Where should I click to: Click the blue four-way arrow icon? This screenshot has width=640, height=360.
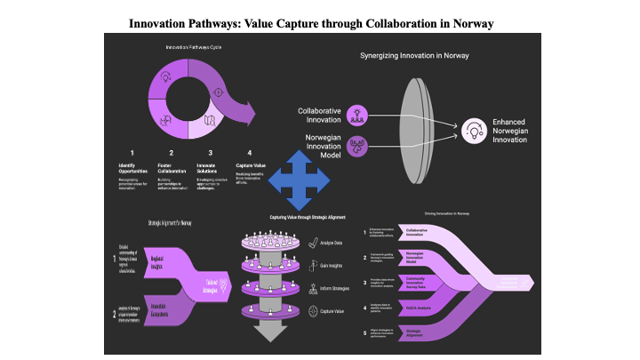tap(299, 179)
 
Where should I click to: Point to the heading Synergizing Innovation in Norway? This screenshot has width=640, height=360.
tap(413, 55)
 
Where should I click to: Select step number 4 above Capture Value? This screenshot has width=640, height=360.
tap(250, 152)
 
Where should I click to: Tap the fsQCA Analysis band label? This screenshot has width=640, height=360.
tap(420, 308)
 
